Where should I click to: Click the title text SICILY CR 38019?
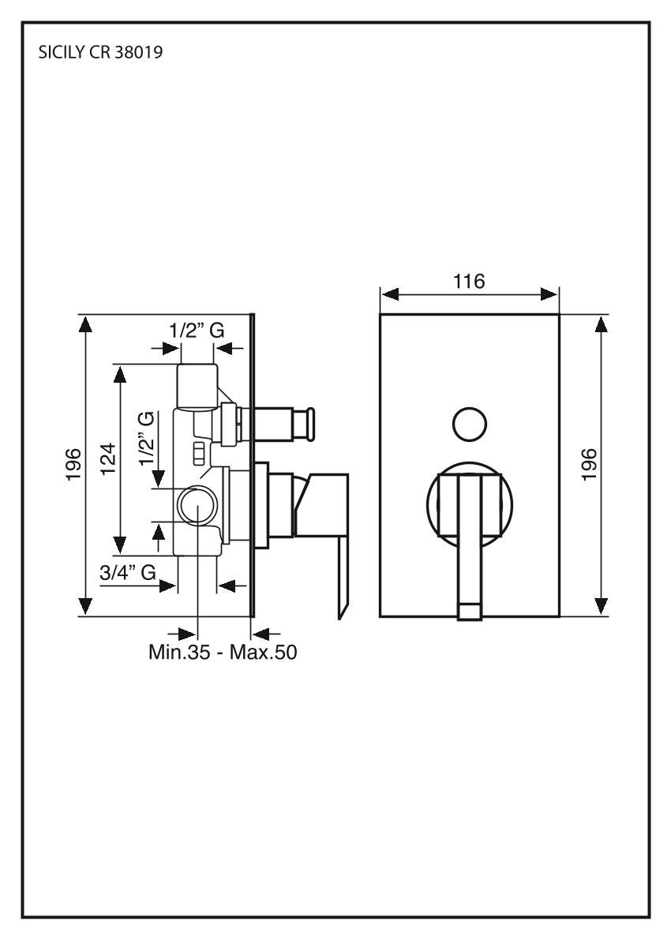[101, 53]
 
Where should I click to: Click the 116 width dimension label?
[468, 281]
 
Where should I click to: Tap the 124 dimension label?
[108, 458]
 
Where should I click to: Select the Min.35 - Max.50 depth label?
[223, 652]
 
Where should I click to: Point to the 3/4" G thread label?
[128, 573]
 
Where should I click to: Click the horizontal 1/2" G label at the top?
[197, 330]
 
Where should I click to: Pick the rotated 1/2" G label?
[147, 439]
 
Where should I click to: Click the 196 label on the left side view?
[73, 464]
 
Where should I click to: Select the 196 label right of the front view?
[590, 464]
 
